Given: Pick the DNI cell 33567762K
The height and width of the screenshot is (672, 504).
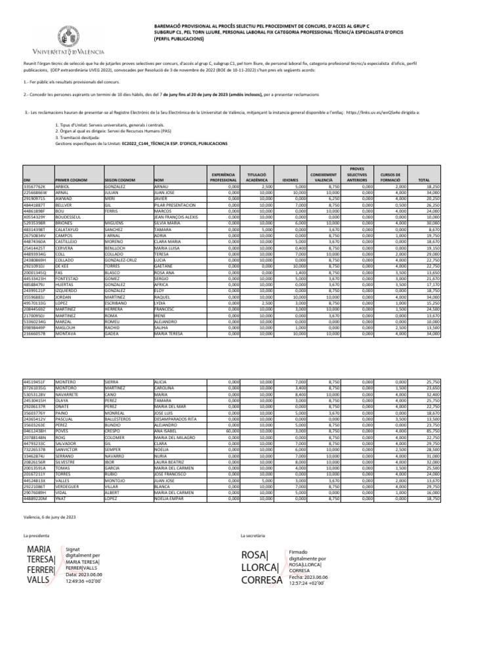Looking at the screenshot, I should pyautogui.click(x=35, y=186).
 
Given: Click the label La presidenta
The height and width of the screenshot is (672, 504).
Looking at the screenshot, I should pyautogui.click(x=37, y=536).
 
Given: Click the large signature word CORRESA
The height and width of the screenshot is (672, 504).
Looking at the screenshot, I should pyautogui.click(x=262, y=579).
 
